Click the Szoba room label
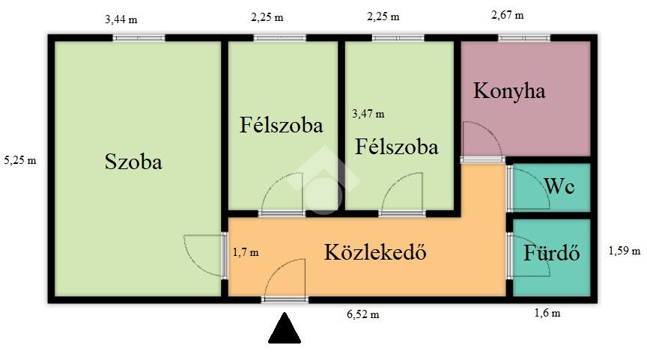(133, 161)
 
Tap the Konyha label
(508, 91)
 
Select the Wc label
(559, 186)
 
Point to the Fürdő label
(552, 252)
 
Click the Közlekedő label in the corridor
(375, 252)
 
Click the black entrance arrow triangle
(285, 329)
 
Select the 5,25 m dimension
(20, 160)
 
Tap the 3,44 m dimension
(121, 19)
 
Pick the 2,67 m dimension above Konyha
(507, 15)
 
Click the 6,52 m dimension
(362, 314)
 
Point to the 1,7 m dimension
(246, 252)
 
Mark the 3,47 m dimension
(368, 114)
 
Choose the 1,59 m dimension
(625, 250)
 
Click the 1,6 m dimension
(547, 313)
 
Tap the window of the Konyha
(524, 38)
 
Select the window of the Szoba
(139, 38)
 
